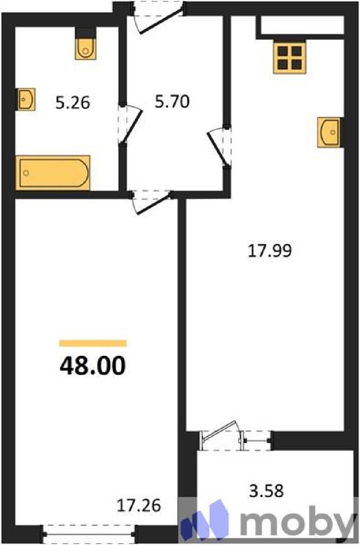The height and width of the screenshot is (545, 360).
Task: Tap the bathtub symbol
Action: [x=52, y=173]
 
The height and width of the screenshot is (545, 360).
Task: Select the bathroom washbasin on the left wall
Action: [x=26, y=99]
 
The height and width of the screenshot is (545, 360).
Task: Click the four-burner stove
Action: [x=290, y=58]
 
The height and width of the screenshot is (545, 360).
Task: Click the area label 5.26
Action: [x=73, y=103]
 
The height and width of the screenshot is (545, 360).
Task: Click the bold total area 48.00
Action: [x=93, y=366]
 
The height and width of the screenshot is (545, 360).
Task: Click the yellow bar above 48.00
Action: [x=93, y=343]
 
